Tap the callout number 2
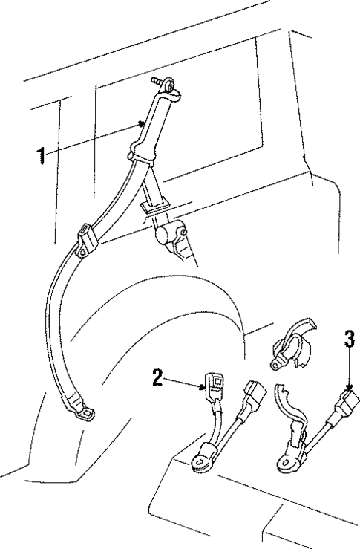tap(157, 377)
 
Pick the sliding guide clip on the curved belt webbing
tap(87, 239)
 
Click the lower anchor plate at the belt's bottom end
tap(83, 408)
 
